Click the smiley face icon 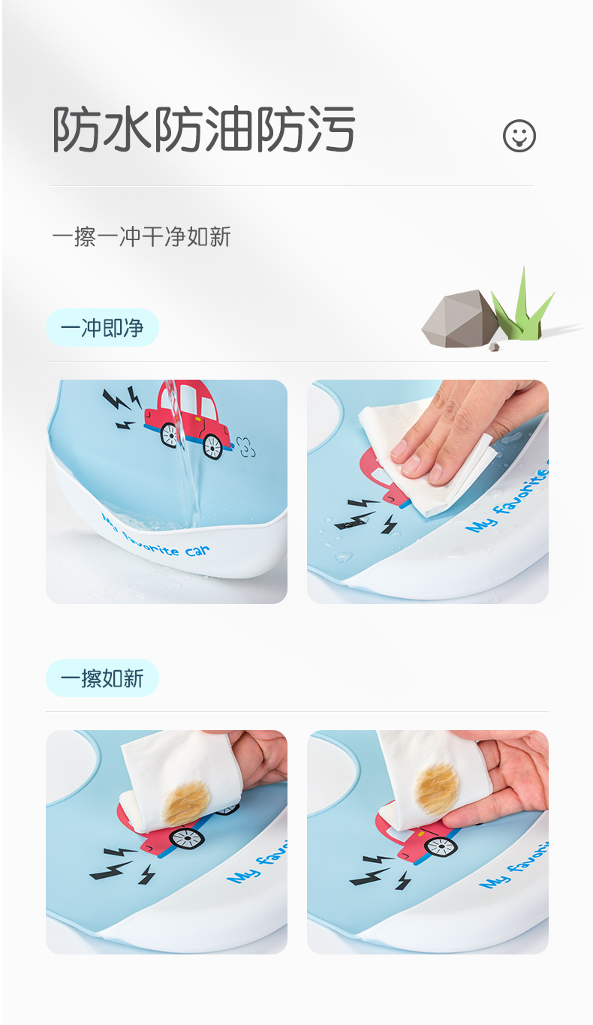[x=519, y=136]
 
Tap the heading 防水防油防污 [x=203, y=128]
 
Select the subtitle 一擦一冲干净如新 [x=141, y=236]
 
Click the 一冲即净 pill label [x=102, y=328]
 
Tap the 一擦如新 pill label [x=102, y=678]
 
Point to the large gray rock [x=459, y=318]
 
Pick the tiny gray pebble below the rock [x=494, y=347]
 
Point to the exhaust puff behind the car [x=245, y=446]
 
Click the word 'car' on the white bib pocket [x=197, y=551]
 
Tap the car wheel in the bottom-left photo [x=187, y=838]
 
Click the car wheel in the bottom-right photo [x=441, y=846]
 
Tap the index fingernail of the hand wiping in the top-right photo [x=398, y=449]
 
